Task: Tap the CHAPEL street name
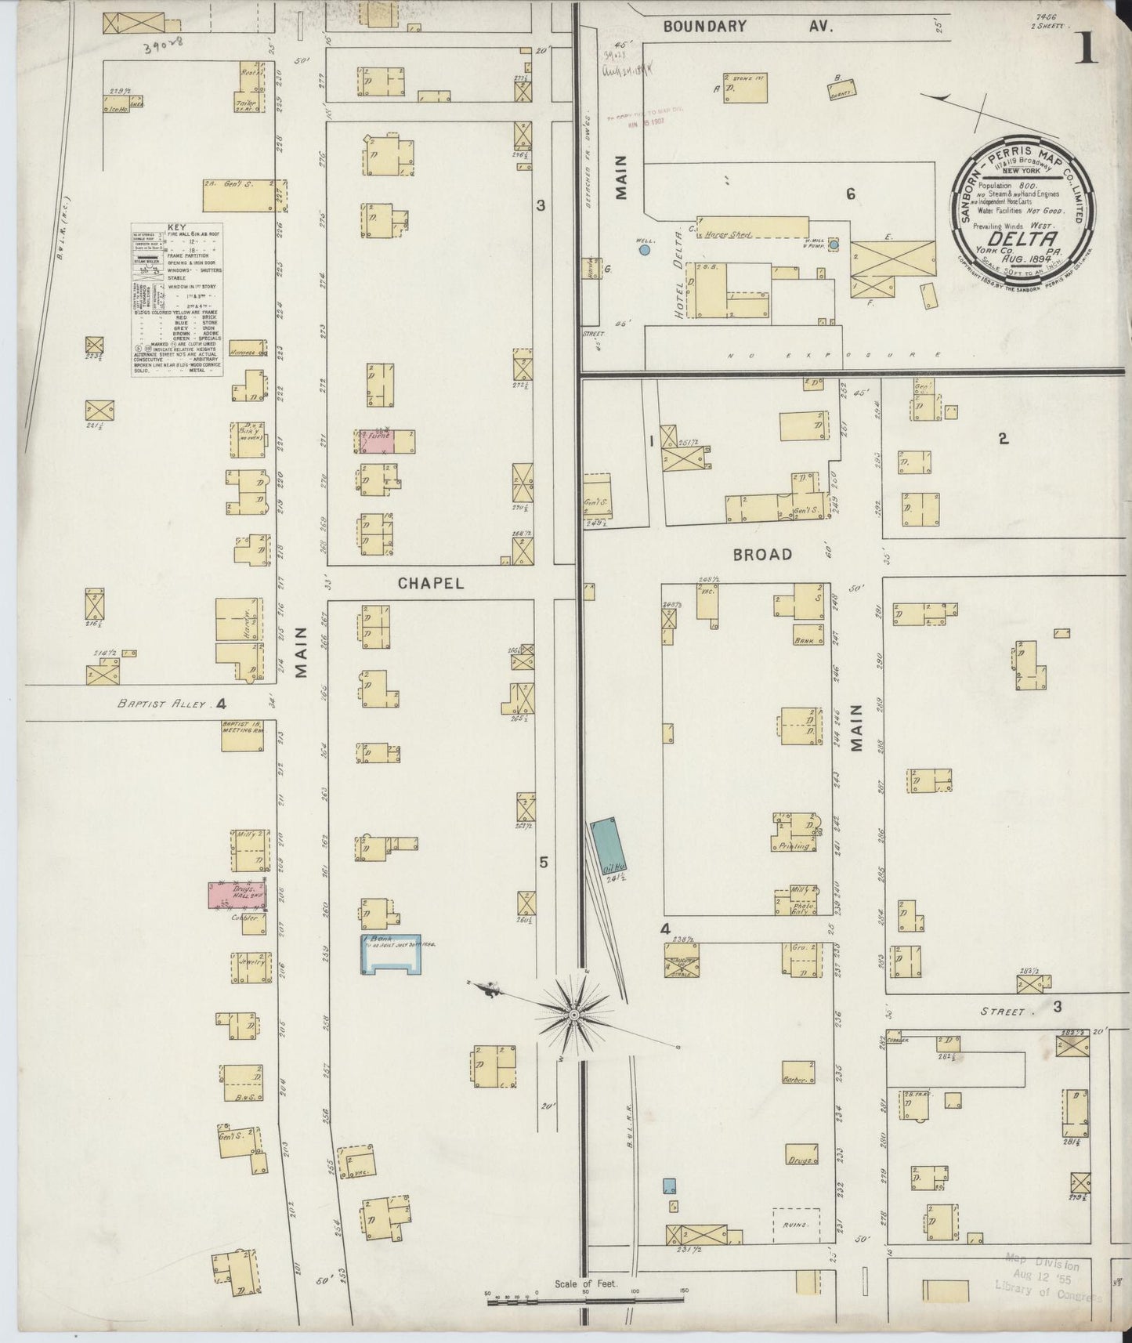pyautogui.click(x=430, y=583)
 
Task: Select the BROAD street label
pyautogui.click(x=762, y=554)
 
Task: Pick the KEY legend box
pyautogui.click(x=177, y=300)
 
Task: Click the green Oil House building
pyautogui.click(x=607, y=848)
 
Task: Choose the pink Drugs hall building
pyautogui.click(x=237, y=896)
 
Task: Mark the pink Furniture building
pyautogui.click(x=374, y=440)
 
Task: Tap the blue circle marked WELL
pyautogui.click(x=644, y=250)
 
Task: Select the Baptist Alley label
pyautogui.click(x=162, y=704)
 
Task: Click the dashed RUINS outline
pyautogui.click(x=796, y=1245)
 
